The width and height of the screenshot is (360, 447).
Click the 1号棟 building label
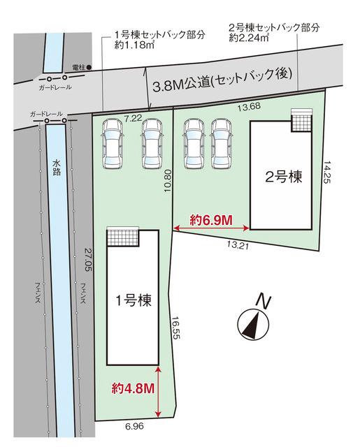coord(134,300)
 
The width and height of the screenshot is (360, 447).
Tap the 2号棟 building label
coord(283,177)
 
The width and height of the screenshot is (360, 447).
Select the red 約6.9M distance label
coord(212,220)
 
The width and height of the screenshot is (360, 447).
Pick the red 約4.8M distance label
coord(134,388)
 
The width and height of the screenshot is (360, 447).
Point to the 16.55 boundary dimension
coord(176,328)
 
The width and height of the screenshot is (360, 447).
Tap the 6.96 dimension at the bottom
coord(134,427)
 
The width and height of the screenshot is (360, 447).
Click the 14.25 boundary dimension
coord(327,172)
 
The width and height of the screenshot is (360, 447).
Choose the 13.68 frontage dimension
coord(249,106)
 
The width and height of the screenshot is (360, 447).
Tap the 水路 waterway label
coord(56,167)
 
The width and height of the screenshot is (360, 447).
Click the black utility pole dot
coord(89,68)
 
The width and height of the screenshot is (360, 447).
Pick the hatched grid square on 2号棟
coord(301,120)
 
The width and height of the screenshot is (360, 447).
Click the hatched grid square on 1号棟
coord(123,237)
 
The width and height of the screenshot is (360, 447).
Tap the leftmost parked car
coord(113,144)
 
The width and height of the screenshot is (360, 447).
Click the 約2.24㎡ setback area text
coord(249,37)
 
